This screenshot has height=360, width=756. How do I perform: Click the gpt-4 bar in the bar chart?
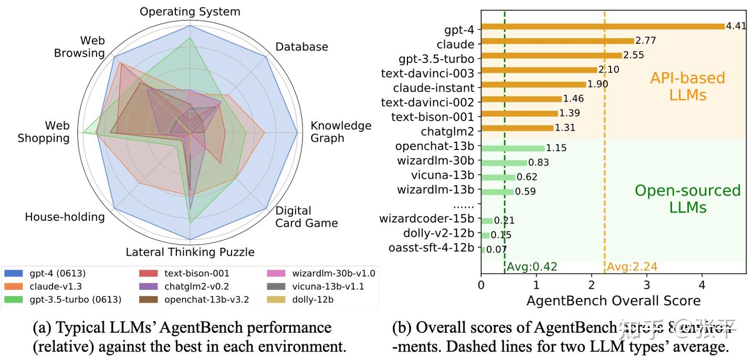pos(603,26)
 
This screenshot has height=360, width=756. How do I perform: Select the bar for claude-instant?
pos(533,84)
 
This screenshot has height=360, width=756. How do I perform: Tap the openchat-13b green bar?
pos(513,148)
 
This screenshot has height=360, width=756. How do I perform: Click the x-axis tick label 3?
pos(647,286)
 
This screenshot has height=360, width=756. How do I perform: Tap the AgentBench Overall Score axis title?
pos(613,301)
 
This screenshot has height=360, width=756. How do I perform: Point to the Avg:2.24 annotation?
pos(632,267)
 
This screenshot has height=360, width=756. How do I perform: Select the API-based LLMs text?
pos(687,87)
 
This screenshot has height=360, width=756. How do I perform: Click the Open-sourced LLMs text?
pos(687,198)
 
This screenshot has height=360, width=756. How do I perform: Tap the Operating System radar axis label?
pos(190,12)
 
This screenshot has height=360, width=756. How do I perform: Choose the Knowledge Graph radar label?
pos(340,132)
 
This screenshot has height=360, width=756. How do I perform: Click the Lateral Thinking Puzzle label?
pos(190,252)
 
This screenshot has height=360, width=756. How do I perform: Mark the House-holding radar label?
pos(65,217)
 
